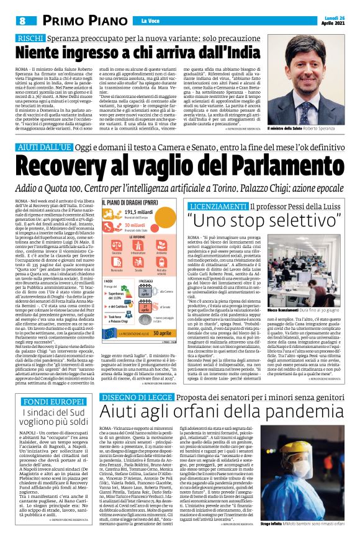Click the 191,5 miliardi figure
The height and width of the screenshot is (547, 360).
pos(140,212)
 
